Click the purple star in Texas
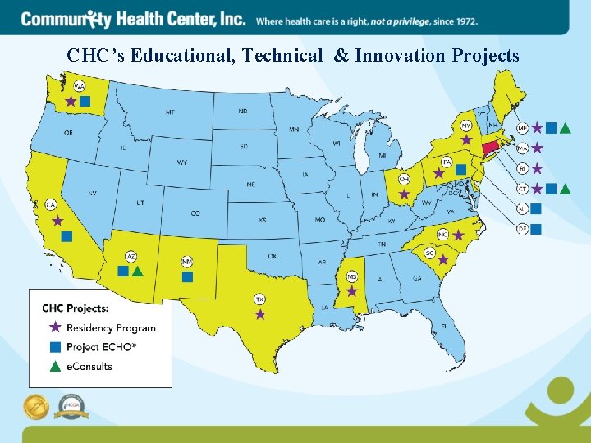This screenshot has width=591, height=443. (x=260, y=314)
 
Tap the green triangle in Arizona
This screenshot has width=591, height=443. (x=138, y=271)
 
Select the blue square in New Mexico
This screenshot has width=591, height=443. (x=187, y=276)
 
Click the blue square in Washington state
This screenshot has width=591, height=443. (x=85, y=101)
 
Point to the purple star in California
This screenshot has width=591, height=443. (x=57, y=221)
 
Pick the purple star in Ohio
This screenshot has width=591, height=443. (x=404, y=194)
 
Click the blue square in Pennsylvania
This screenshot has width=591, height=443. (x=460, y=169)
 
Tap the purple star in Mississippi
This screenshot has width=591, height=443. (x=351, y=290)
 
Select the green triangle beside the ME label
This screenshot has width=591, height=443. (x=566, y=128)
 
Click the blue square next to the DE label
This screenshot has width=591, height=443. (x=536, y=230)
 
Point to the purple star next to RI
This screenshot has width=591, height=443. (x=537, y=169)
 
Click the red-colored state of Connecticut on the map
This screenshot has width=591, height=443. (x=490, y=148)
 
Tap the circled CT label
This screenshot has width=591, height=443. (x=522, y=189)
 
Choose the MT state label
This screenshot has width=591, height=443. (x=170, y=112)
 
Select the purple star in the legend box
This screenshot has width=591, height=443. (x=55, y=327)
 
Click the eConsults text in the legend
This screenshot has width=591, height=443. (x=89, y=366)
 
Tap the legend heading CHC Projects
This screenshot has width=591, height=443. (x=76, y=308)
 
